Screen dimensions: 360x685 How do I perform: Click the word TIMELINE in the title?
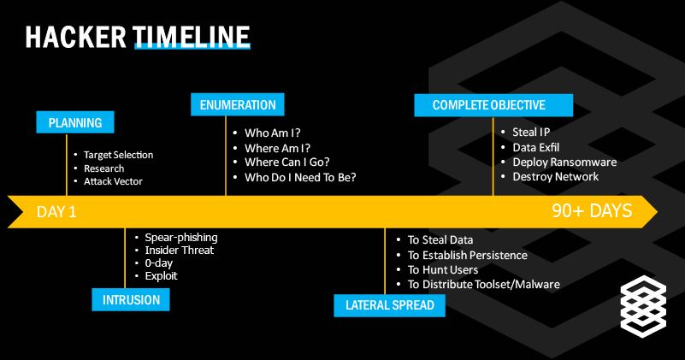pos(192,36)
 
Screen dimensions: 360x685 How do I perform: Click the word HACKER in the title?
pos(77,36)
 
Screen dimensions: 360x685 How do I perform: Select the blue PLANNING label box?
pos(75,122)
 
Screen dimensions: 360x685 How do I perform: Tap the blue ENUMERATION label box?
pos(238,105)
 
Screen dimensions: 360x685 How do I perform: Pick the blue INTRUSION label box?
pos(131,299)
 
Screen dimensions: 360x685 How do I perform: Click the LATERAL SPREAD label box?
pos(389,305)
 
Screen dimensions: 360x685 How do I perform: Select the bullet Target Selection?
pos(118,155)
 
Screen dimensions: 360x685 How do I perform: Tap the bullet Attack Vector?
pos(113,181)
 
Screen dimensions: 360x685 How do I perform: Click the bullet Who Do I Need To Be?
pos(300,177)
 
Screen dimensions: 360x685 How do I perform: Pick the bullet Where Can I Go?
pos(287,162)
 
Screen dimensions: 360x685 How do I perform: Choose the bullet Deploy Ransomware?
pos(564,162)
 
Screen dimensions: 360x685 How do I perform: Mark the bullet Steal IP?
pos(531,133)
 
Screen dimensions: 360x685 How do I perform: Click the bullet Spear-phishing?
pos(181,237)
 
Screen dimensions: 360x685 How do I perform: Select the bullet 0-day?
pos(159,263)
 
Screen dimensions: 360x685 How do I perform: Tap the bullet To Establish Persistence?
pos(467,255)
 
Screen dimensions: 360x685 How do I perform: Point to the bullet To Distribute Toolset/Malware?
pos(483,284)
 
